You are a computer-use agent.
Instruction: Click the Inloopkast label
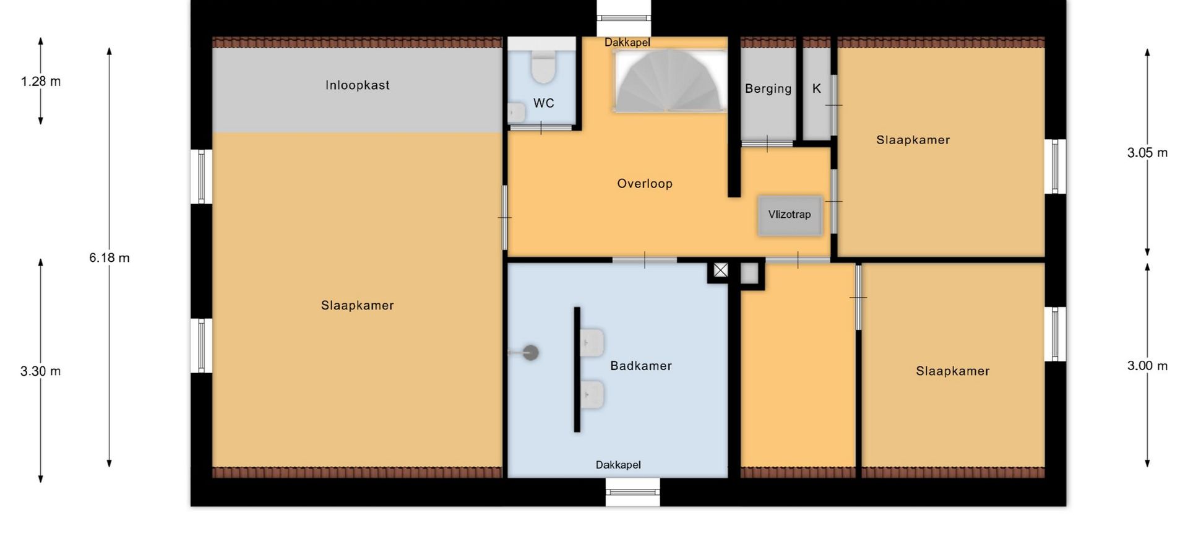tap(358, 85)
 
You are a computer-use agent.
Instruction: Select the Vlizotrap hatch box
tap(790, 215)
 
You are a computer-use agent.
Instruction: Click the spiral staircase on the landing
tap(670, 81)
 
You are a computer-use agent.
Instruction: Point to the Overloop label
tap(645, 184)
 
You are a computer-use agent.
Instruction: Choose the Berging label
tap(768, 89)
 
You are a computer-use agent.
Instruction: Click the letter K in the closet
tap(817, 89)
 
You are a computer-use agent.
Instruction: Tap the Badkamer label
tap(641, 366)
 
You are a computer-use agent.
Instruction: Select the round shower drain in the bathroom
tap(530, 353)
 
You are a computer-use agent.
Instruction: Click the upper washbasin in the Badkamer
tap(592, 343)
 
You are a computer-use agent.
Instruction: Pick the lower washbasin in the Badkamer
tap(592, 395)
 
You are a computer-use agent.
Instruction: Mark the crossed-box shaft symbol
tap(721, 270)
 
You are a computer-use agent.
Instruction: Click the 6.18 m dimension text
tap(110, 258)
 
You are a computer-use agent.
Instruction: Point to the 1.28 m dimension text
tap(41, 82)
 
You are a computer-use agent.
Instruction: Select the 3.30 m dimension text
tap(41, 371)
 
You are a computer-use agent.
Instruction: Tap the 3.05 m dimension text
tap(1148, 153)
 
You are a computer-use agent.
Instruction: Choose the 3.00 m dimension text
tap(1148, 366)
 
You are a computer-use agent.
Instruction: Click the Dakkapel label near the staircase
tap(627, 43)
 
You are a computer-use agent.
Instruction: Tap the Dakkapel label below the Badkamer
tap(618, 465)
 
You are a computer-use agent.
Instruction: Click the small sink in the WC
tap(516, 113)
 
